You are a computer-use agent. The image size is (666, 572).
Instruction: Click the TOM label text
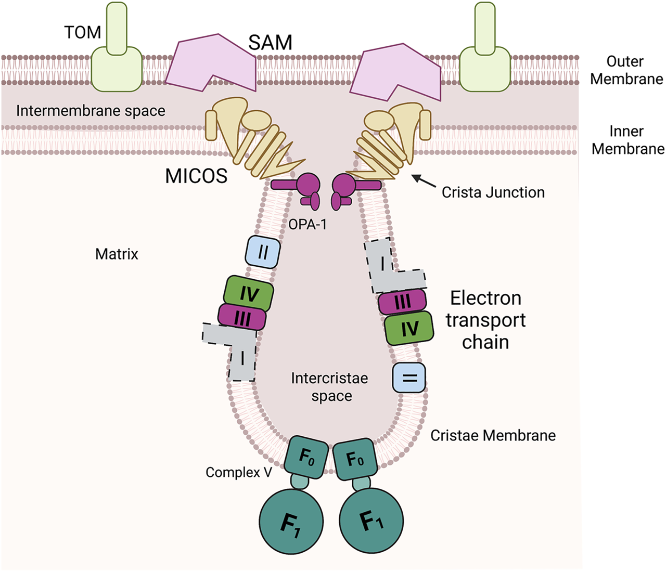[82, 32]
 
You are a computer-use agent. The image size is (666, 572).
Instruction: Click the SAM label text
[270, 43]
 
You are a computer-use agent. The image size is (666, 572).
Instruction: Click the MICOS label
[196, 176]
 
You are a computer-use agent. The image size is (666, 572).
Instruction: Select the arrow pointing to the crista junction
[424, 181]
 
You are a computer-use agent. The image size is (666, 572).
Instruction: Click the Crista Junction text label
[493, 192]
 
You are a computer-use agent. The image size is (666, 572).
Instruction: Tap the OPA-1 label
[308, 225]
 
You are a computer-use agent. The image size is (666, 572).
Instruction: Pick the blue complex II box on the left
[263, 252]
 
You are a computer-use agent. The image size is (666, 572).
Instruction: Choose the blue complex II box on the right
[409, 378]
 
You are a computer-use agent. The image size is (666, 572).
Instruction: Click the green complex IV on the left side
[249, 294]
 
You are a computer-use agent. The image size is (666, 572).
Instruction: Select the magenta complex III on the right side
[402, 302]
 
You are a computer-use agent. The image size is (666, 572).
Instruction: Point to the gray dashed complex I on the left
[237, 348]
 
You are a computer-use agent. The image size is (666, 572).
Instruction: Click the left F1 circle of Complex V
[291, 522]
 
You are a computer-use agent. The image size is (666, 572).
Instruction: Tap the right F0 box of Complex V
[355, 459]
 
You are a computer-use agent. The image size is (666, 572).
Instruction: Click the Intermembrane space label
[91, 111]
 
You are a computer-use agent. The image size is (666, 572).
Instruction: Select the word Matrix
[117, 254]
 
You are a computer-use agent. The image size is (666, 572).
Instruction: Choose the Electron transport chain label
[485, 320]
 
